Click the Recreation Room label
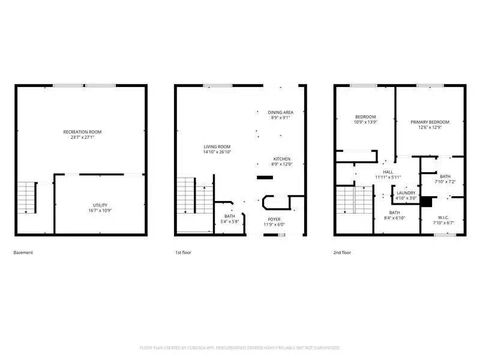click(x=83, y=131)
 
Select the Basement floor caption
click(x=23, y=253)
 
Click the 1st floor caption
click(x=182, y=253)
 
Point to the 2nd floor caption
click(x=343, y=253)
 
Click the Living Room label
click(x=217, y=146)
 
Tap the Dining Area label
click(x=280, y=112)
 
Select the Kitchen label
click(x=281, y=159)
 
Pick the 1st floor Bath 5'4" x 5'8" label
click(x=230, y=216)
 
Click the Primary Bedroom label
click(x=430, y=122)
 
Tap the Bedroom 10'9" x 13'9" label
click(x=365, y=116)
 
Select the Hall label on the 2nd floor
click(x=388, y=171)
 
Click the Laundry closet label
click(x=406, y=193)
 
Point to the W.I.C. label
click(x=443, y=218)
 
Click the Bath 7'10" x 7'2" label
click(x=445, y=176)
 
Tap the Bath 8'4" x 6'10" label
click(x=394, y=212)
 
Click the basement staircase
click(x=26, y=197)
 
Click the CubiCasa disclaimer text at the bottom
click(x=240, y=347)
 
